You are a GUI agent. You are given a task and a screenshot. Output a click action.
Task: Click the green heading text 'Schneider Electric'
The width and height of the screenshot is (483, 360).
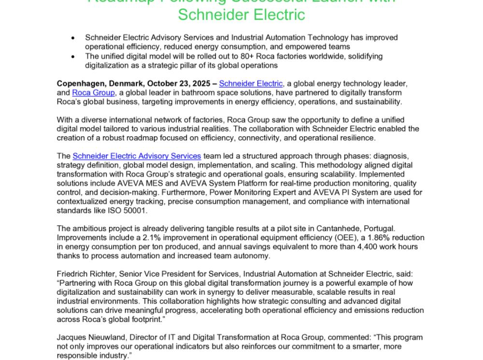coord(241,14)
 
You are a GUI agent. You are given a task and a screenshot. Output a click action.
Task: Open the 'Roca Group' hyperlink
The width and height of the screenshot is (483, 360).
coord(93,93)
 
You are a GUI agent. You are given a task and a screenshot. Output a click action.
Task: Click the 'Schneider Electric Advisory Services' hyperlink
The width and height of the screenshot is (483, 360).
coord(137,156)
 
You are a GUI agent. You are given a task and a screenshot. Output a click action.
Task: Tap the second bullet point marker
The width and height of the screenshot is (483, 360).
coord(73,57)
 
